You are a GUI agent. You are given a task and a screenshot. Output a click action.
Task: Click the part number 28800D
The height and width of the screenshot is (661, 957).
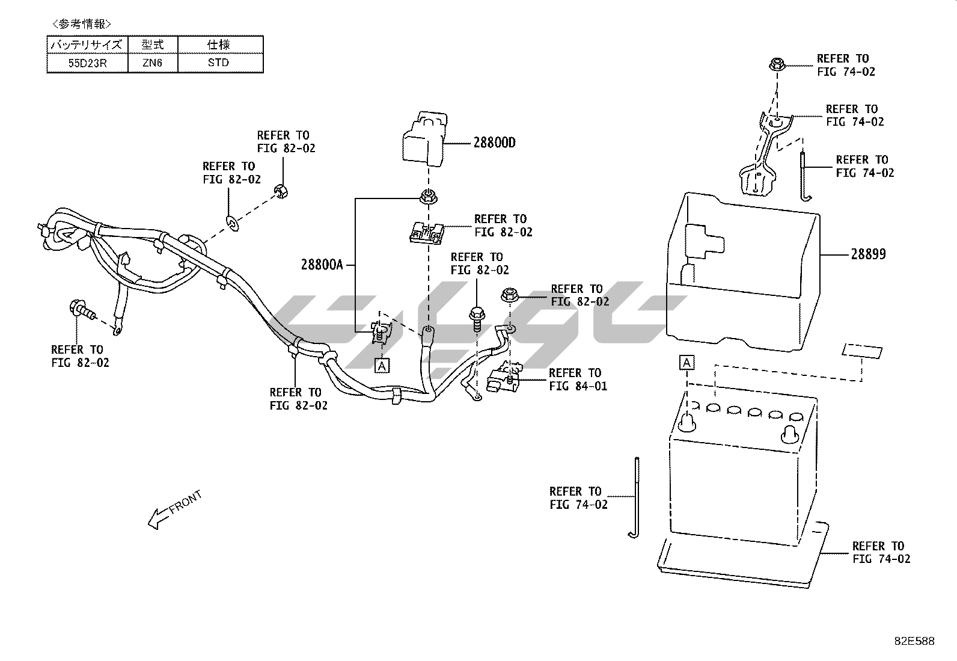494,143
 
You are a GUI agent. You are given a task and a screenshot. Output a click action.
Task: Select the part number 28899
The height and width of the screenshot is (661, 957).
867,254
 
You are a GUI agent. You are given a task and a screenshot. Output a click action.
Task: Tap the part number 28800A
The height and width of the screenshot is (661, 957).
322,265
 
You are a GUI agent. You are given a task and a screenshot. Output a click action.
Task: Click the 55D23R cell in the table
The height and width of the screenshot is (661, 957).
87,63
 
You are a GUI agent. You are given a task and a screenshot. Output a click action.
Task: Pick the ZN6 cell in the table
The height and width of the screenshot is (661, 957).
153,63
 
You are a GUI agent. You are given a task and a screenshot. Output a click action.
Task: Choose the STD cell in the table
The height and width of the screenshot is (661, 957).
219,63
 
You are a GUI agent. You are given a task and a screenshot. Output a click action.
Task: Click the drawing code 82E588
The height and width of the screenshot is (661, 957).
914,641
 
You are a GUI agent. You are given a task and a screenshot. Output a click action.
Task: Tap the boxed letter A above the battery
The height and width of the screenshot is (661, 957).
686,363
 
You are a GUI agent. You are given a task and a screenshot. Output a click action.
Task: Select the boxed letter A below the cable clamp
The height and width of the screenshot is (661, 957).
382,365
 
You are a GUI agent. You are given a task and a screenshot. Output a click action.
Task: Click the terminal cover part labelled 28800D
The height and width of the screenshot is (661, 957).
423,140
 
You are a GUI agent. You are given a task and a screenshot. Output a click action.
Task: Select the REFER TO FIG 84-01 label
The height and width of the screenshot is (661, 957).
578,380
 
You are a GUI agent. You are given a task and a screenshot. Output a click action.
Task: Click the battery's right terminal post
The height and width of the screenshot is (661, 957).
790,432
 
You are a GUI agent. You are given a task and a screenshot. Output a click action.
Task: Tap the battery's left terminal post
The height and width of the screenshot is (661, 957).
687,423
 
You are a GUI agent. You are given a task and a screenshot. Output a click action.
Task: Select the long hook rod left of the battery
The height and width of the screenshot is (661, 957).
636,497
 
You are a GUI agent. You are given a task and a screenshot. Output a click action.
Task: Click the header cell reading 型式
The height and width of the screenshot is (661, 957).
153,45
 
